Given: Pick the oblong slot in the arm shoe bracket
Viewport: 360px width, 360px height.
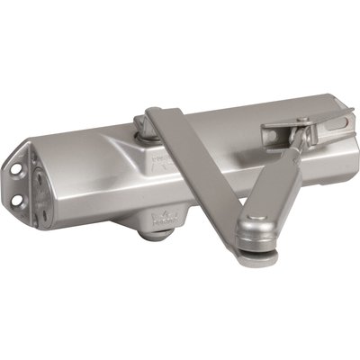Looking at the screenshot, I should tap(271, 130).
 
